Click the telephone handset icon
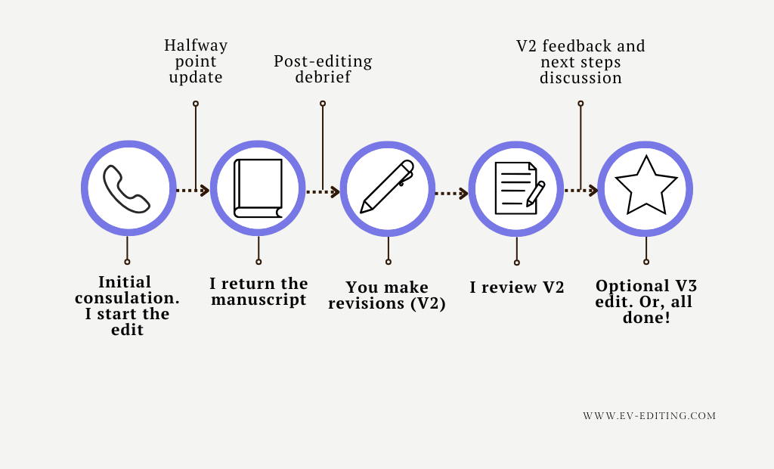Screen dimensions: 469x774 pos(127,189)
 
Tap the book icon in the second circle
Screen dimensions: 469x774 pos(258,189)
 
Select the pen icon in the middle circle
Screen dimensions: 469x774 pos(387,188)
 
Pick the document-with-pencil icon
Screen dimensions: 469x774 pos(518,188)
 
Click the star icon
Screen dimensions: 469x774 pos(646,187)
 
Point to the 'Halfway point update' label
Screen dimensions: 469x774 pos(196,61)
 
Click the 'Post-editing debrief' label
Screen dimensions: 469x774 pos(323,69)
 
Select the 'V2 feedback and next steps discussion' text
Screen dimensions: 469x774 pos(580,62)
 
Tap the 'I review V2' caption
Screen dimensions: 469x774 pos(517,287)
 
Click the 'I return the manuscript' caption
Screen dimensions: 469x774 pos(259,291)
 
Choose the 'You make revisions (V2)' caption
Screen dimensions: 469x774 pos(387,296)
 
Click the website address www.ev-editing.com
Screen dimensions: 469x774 pos(649,416)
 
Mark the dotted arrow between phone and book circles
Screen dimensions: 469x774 pos(192,191)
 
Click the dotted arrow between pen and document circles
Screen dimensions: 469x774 pos(452,194)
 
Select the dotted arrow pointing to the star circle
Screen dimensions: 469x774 pos(581,191)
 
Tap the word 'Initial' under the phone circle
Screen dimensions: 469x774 pos(125,281)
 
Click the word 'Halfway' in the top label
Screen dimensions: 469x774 pos(196,45)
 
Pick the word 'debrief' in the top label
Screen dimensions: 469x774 pos(323,77)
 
